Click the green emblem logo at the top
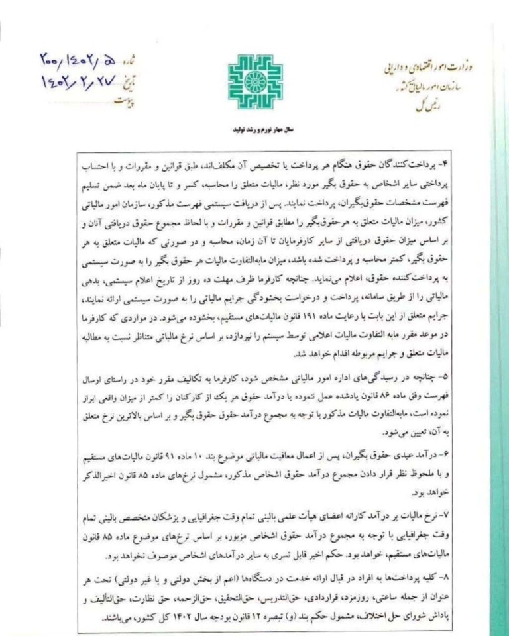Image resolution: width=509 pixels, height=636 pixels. (255, 81)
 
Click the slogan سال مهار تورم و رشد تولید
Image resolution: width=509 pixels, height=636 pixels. (254, 132)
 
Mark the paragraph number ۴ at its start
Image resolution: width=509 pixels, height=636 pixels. (427, 162)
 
